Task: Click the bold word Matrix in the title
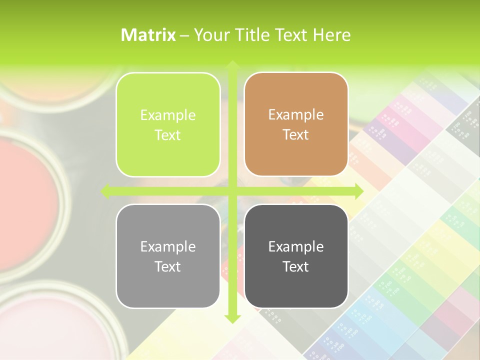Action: pos(148,35)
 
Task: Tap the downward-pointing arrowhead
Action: pos(232,318)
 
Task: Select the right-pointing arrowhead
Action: pos(358,191)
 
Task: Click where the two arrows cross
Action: pos(232,191)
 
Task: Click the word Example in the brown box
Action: pos(296,115)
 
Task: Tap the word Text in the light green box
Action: pos(168,135)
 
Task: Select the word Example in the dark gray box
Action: pos(296,246)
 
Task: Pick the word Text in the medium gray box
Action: pos(168,266)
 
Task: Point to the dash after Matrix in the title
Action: pos(184,35)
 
